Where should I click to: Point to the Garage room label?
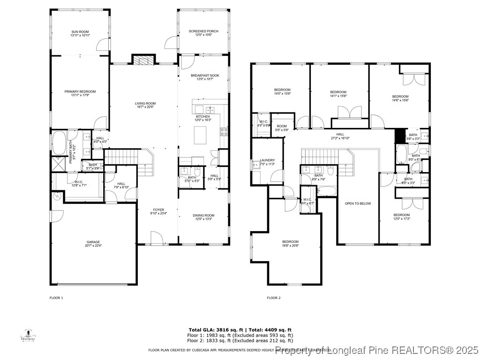(x=93, y=244)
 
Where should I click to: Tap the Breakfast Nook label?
(x=205, y=77)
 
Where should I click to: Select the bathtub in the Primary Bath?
(x=59, y=143)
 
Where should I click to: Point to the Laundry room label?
(x=267, y=162)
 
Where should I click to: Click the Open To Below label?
(x=358, y=203)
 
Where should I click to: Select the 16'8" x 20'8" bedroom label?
(x=291, y=243)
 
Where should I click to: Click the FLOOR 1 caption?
(x=56, y=298)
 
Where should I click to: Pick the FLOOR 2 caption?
(x=274, y=298)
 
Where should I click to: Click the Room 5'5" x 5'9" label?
(x=281, y=128)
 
